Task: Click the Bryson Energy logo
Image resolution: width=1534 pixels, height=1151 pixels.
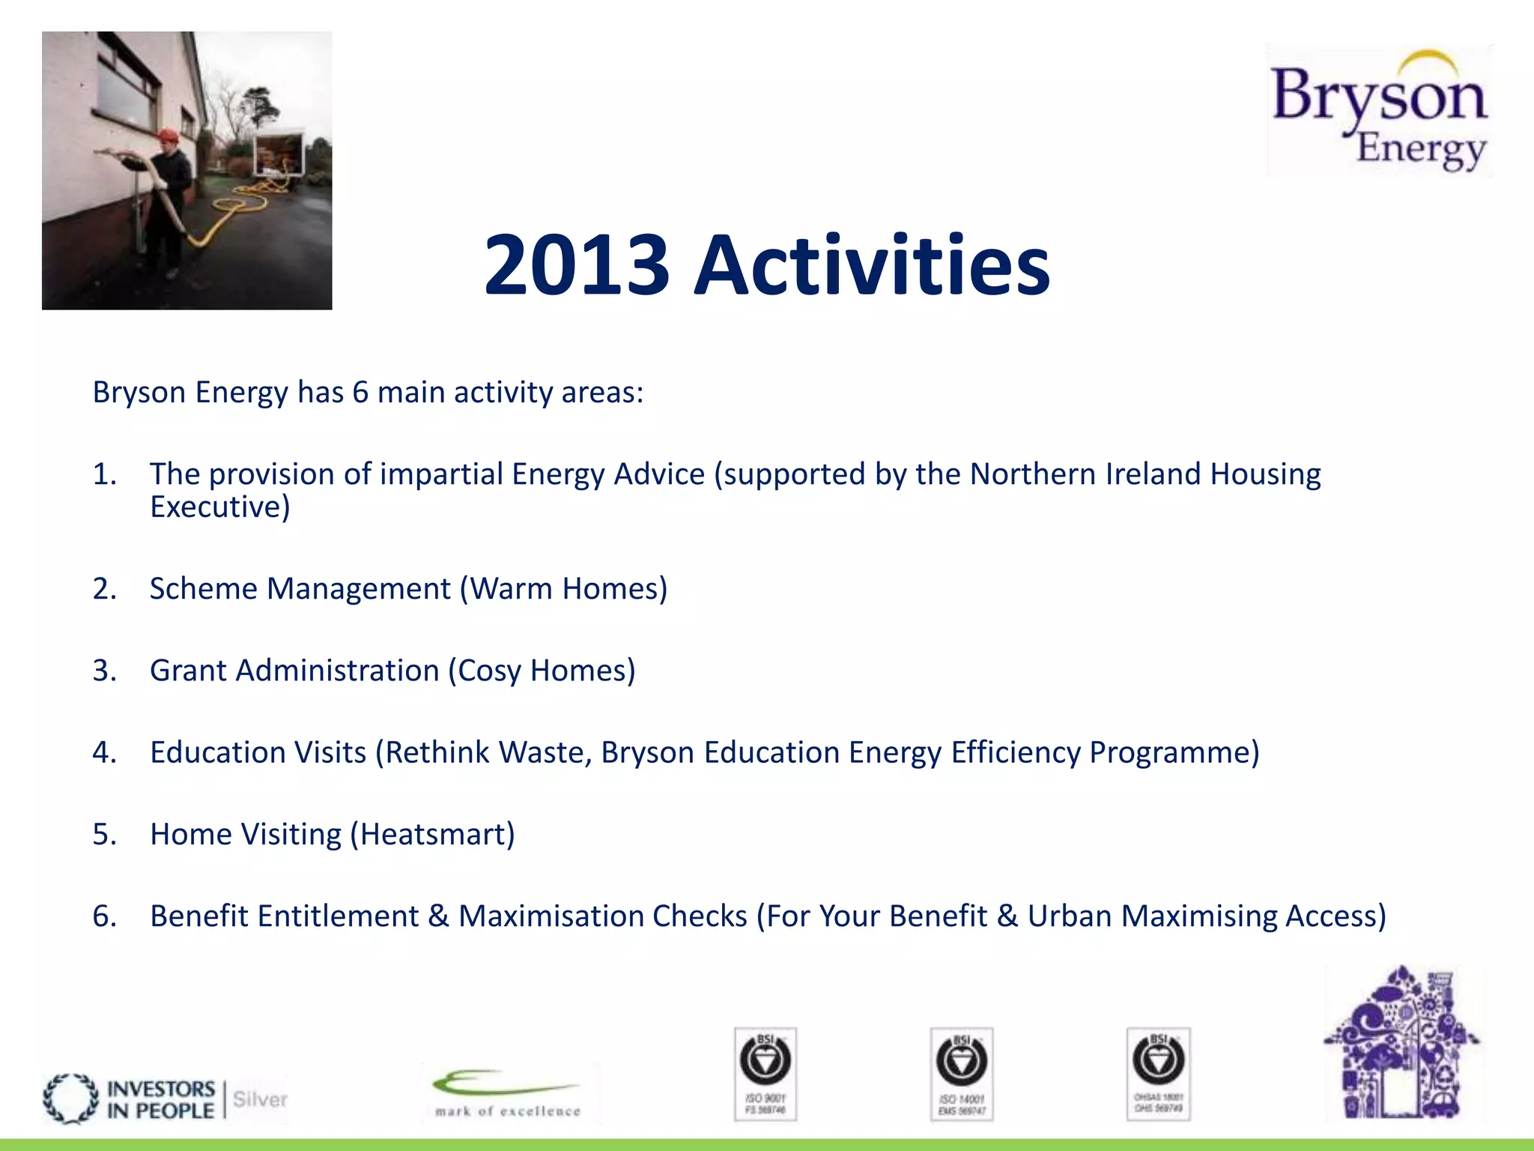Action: coord(1380,111)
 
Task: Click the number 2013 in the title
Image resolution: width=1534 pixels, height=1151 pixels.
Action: coord(576,265)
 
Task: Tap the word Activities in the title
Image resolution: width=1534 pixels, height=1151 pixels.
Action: coord(872,265)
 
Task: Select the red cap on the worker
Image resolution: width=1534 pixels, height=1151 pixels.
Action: coord(168,136)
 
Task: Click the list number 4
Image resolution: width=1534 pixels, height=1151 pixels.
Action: coord(104,752)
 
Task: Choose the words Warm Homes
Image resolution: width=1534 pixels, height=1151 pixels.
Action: coord(563,589)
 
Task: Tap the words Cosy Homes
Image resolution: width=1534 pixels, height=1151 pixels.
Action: coord(542,671)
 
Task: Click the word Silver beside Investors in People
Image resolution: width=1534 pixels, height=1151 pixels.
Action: coord(260,1099)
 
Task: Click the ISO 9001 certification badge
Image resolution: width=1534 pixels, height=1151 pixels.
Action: coord(765,1074)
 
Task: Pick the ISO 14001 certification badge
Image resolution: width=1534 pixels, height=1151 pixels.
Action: coord(961,1074)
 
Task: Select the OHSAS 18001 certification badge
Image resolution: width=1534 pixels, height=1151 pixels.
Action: coord(1158,1074)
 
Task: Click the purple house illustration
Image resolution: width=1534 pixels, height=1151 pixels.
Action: coord(1400,1045)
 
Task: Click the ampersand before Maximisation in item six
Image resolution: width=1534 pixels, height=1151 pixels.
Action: coord(438,916)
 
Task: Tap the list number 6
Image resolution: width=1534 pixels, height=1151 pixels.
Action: coord(104,916)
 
